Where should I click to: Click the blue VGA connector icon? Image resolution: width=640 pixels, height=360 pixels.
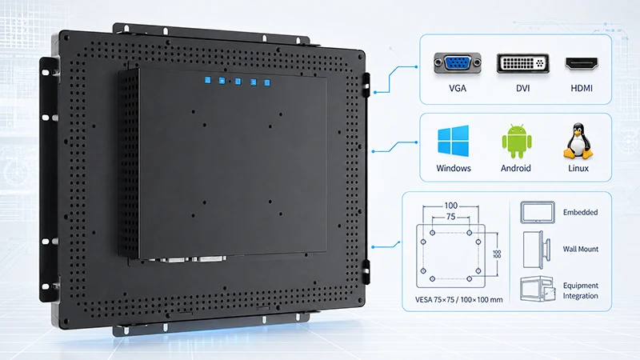tap(457, 63)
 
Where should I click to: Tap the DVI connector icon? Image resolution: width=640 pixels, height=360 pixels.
tap(523, 64)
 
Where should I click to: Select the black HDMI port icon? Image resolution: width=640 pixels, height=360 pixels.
tap(582, 64)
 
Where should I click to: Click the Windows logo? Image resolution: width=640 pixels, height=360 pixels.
tap(453, 141)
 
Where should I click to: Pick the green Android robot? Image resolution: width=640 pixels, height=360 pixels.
tap(517, 141)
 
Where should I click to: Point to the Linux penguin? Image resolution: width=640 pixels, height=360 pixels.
tap(578, 141)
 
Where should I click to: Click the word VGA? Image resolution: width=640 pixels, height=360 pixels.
tap(458, 88)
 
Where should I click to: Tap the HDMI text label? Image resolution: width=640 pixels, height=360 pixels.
tap(582, 88)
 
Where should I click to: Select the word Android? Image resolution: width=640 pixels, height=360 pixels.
tap(516, 168)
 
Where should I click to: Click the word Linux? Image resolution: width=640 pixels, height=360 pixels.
tap(578, 168)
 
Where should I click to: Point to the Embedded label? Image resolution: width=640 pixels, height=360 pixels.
tap(581, 212)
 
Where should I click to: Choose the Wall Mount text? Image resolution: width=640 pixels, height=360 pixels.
tap(581, 249)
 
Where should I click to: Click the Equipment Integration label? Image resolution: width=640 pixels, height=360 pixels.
tap(581, 290)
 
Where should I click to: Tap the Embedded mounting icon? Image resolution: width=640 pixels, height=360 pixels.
tap(538, 212)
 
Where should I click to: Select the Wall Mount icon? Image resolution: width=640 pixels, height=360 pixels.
tap(534, 250)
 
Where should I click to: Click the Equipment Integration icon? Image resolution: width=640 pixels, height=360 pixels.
tap(538, 289)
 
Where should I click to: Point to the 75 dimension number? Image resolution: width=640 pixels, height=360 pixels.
tap(450, 217)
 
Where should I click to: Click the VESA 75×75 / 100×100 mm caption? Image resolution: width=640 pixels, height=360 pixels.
tap(458, 299)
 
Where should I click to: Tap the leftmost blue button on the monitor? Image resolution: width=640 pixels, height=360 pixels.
tap(208, 80)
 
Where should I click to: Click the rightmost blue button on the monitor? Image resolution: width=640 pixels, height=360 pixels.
tap(267, 83)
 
